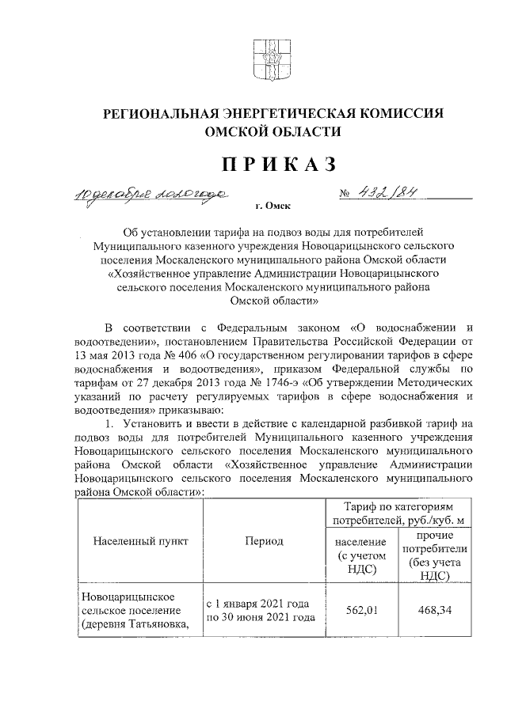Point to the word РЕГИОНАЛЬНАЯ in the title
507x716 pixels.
coord(166,114)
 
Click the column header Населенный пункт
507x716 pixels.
coord(140,542)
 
